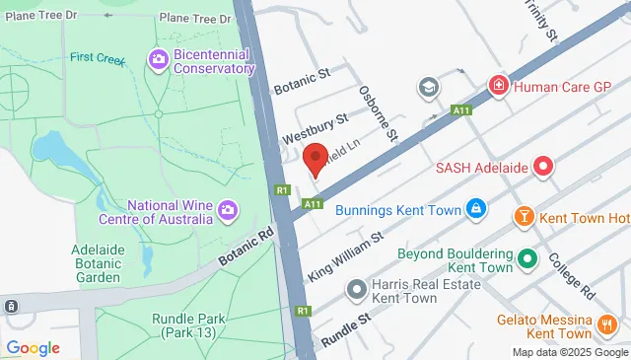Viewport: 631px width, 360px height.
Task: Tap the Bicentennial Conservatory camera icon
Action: point(158,61)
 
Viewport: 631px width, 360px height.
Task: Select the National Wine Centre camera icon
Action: point(228,210)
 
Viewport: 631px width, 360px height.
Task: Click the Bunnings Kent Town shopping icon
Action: point(476,208)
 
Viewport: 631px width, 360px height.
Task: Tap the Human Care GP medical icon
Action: point(499,86)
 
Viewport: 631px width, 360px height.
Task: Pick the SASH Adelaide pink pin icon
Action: point(542,167)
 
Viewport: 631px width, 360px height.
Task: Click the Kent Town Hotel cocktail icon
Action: point(525,216)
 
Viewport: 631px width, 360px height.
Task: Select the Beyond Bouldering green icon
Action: point(527,260)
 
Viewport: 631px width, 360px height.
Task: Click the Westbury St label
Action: point(315,125)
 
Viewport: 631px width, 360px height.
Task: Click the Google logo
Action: point(33,347)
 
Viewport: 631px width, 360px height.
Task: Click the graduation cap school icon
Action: point(427,88)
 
